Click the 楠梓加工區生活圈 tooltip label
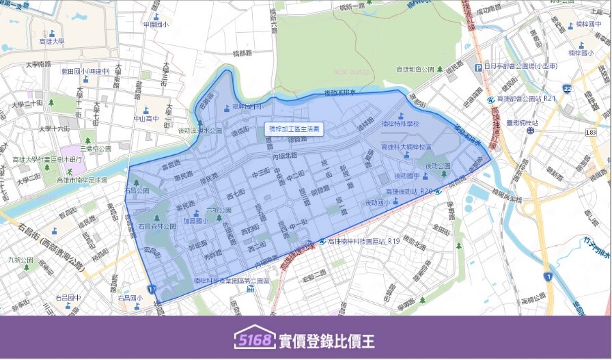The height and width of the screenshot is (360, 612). pos(294,128)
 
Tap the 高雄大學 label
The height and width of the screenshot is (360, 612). pos(51,42)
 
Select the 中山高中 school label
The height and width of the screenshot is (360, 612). pos(145,117)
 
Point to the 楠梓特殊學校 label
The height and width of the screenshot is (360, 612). pos(400,124)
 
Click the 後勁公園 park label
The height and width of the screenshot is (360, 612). pos(439,166)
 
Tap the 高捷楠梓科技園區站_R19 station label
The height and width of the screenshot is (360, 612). pos(362,241)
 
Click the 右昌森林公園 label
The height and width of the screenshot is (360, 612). pos(157,225)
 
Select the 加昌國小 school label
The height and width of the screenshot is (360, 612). pos(195,221)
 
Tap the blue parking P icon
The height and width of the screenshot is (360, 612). pos(478,67)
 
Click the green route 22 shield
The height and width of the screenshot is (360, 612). pos(567,89)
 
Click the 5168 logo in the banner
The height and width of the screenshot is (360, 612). pos(254,340)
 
